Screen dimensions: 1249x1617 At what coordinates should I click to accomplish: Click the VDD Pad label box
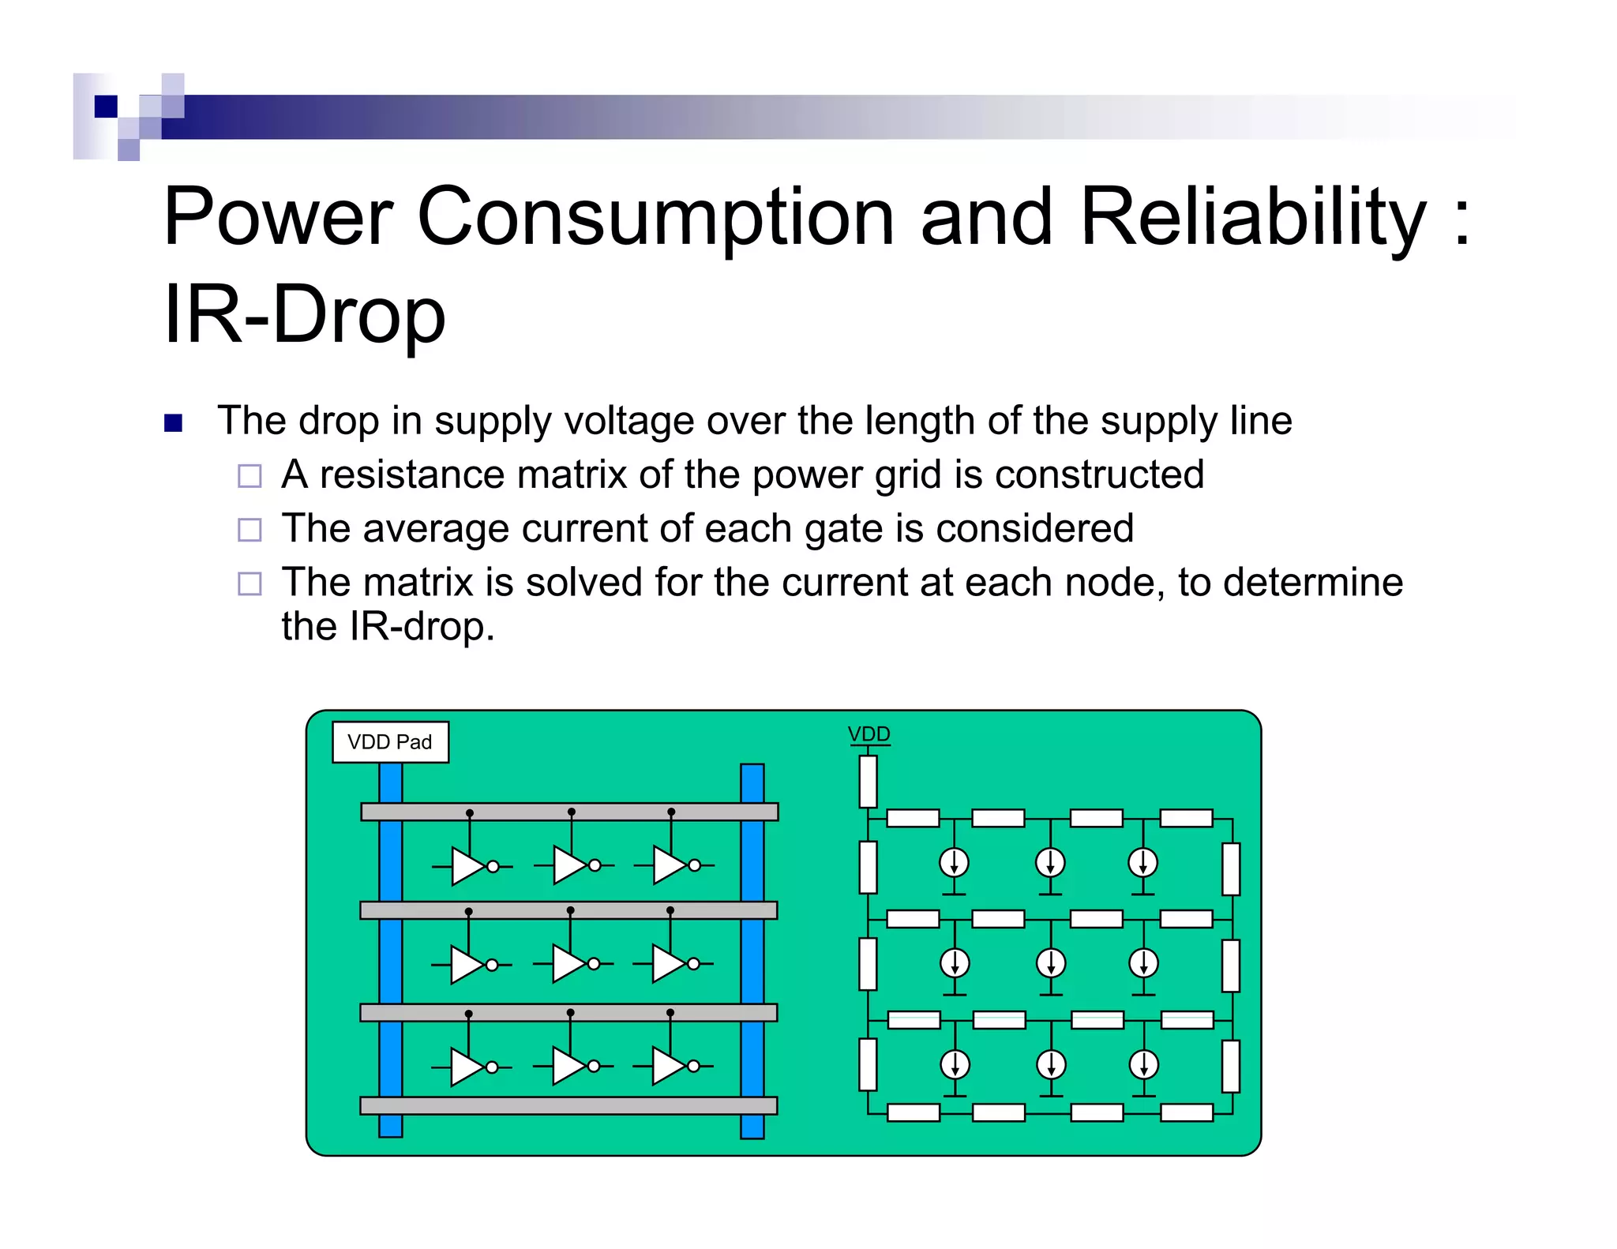[390, 742]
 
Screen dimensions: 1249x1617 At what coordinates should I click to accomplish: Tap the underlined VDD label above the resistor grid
[869, 734]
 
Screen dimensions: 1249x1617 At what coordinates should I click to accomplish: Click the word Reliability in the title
[1252, 216]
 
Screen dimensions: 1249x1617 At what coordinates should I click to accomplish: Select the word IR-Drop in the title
[305, 315]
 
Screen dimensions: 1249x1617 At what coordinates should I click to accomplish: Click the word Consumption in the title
[655, 216]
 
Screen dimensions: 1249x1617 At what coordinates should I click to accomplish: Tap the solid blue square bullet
[173, 423]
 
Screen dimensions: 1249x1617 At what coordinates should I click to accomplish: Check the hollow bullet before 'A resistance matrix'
[249, 476]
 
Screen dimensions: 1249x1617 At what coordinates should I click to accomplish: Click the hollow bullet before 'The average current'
[249, 530]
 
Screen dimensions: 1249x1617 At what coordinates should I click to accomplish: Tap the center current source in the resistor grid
[1050, 963]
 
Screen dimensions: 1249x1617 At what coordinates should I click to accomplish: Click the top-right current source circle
[1142, 863]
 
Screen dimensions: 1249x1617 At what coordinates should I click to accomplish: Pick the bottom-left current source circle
[955, 1064]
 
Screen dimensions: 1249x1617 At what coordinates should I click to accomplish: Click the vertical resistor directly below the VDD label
[868, 782]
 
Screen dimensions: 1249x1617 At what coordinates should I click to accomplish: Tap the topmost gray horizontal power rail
[569, 812]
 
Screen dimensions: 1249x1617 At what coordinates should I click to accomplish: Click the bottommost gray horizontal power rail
[568, 1105]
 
